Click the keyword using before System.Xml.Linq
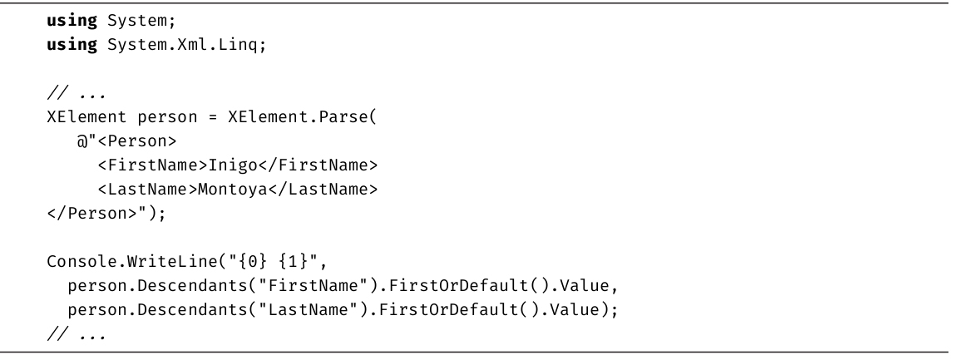[x=72, y=45]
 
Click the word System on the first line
[x=137, y=21]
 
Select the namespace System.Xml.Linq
[x=182, y=45]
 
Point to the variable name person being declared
[x=167, y=117]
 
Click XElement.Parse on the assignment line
[x=299, y=116]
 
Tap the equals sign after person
[x=213, y=117]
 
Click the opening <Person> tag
[x=137, y=141]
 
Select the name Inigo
[x=233, y=165]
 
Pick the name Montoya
[x=233, y=190]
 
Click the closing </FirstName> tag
[x=318, y=165]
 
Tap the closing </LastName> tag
[x=323, y=190]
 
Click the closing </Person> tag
[x=92, y=214]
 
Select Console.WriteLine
[x=132, y=262]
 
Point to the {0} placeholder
[x=252, y=262]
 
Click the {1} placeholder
[x=293, y=262]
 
